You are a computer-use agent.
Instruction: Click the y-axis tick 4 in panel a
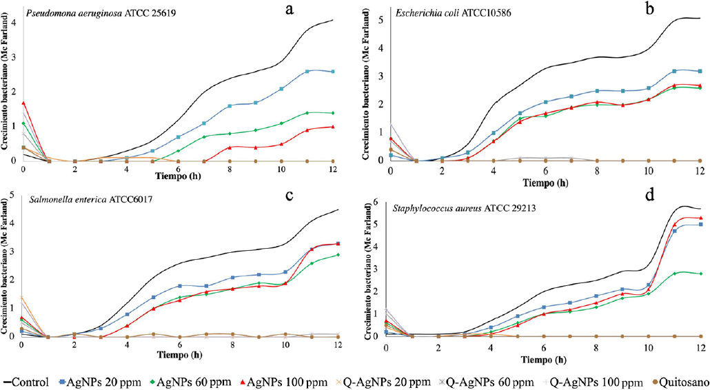coord(14,22)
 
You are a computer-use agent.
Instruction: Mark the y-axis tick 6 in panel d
coord(376,201)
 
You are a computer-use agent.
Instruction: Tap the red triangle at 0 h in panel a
coord(23,103)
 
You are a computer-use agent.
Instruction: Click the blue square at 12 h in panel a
coord(333,72)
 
